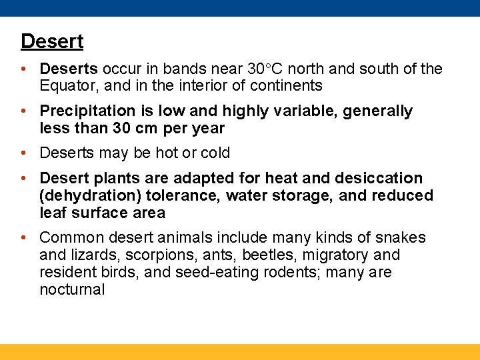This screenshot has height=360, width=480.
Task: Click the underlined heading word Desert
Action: click(52, 41)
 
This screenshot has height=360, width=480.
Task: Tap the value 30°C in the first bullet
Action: click(269, 69)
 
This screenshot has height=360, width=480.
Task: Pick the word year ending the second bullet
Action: click(207, 128)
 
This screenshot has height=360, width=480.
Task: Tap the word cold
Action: click(215, 153)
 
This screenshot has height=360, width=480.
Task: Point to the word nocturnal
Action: click(72, 290)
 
